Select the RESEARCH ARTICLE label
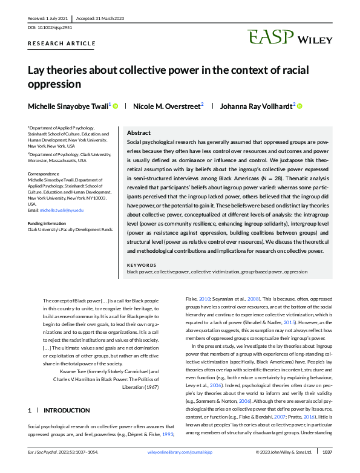point(62,44)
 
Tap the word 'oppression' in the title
point(54,84)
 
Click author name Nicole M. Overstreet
point(167,106)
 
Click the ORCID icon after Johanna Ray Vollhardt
point(299,106)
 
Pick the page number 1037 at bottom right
point(327,468)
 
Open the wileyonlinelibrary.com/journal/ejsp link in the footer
point(180,468)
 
